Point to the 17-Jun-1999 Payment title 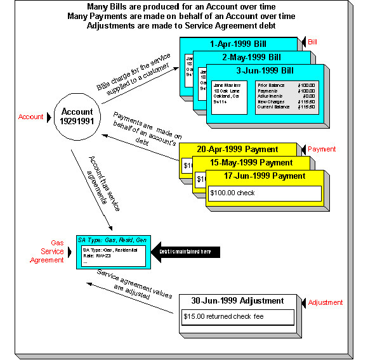click(x=261, y=176)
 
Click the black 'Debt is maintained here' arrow click(x=187, y=252)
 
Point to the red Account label click(x=31, y=117)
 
